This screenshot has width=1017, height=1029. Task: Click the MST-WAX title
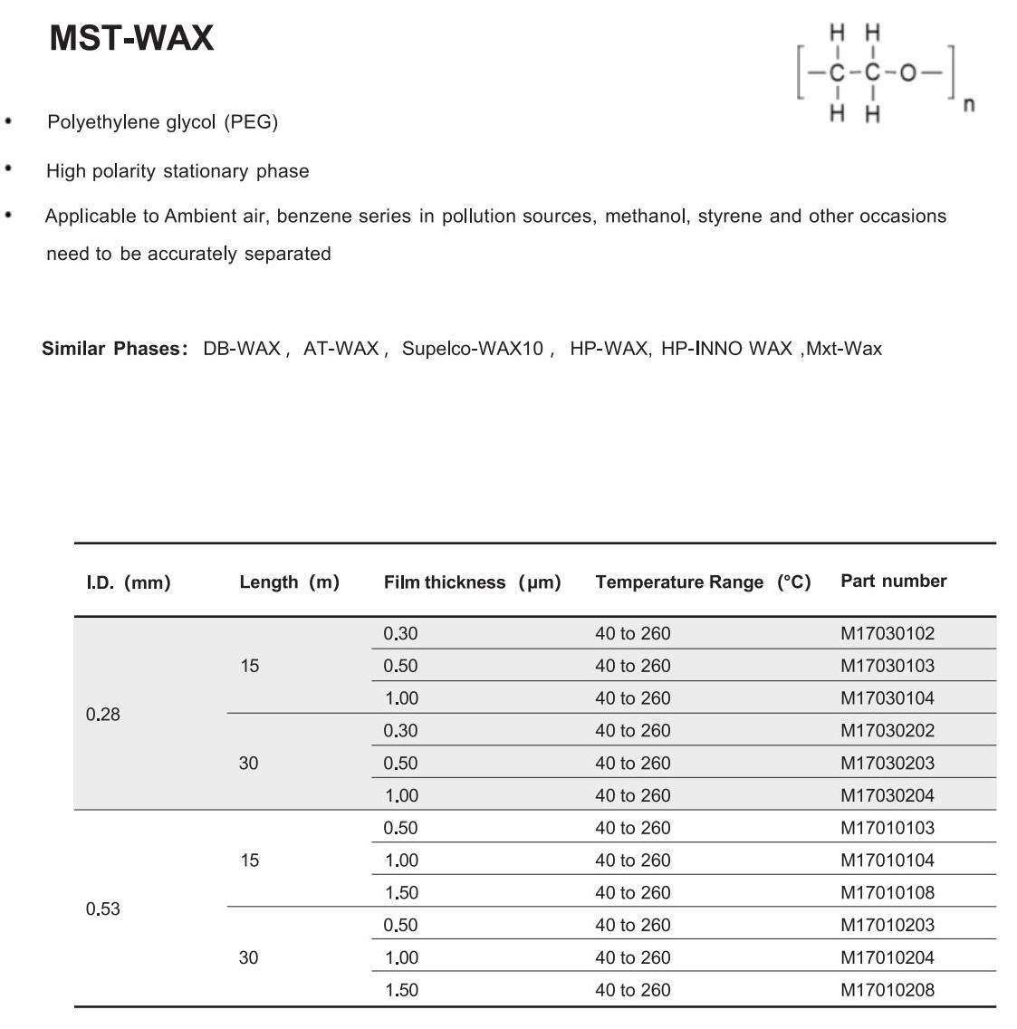coord(131,38)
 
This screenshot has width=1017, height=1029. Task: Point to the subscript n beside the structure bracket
coord(969,104)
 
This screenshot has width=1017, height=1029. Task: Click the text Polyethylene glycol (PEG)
coord(162,121)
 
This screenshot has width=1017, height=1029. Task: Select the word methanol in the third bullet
coord(646,216)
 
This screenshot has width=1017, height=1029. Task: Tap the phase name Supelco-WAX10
coord(472,349)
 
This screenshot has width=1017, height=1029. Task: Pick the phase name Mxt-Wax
coord(843,349)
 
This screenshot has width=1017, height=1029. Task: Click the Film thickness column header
coord(472,582)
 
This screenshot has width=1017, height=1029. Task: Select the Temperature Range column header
coord(703,582)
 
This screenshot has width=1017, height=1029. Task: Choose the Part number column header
coord(893,582)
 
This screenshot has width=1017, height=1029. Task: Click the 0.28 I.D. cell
coord(103,715)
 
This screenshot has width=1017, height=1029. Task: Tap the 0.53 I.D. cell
coord(103,909)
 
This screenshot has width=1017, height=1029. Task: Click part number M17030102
coord(887,634)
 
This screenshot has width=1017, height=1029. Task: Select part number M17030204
coord(887,795)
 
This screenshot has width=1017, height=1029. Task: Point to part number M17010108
coord(887,892)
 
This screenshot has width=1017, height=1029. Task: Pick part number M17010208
coord(887,990)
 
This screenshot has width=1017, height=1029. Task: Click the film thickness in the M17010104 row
coord(401,861)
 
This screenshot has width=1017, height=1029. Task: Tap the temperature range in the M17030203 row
coord(632,764)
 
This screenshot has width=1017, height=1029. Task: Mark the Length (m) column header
coord(289,582)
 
